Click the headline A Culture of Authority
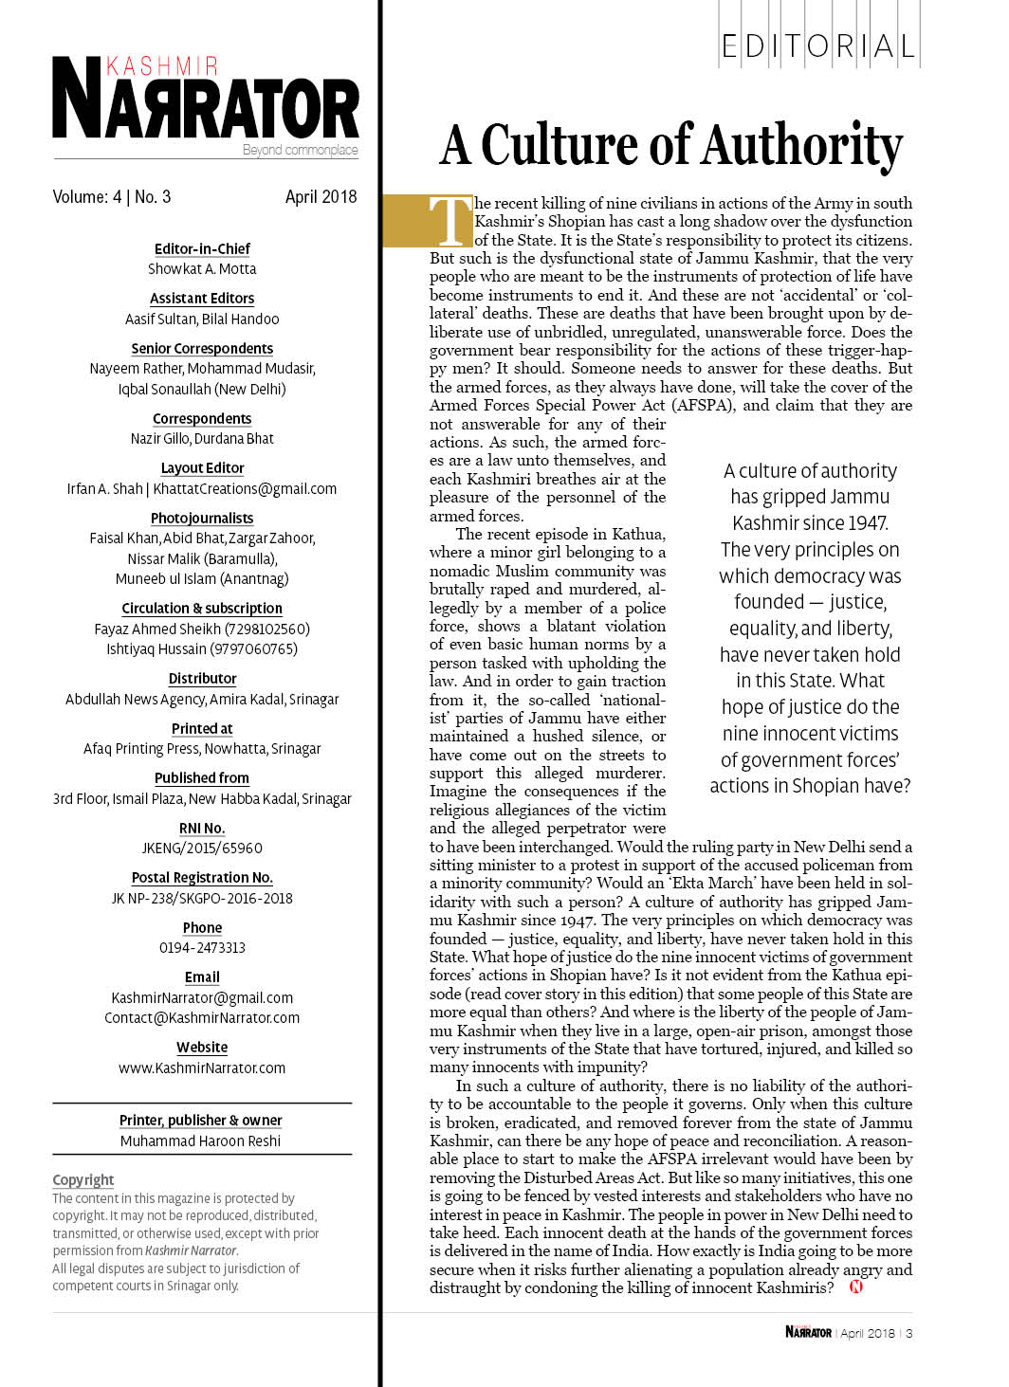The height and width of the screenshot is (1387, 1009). [x=671, y=145]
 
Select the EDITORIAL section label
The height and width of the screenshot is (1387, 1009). [x=818, y=46]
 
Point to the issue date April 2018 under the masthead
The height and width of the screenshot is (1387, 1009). [x=321, y=197]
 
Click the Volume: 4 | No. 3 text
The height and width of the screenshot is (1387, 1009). [x=112, y=197]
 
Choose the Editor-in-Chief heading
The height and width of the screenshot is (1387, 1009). [x=202, y=248]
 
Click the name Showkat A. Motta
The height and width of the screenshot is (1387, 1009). [x=202, y=269]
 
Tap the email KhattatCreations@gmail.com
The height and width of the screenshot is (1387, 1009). [x=245, y=489]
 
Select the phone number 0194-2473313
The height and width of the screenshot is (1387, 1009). [x=202, y=947]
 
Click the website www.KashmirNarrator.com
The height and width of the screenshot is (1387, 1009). [x=202, y=1068]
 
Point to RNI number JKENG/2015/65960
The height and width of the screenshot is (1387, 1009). [x=202, y=849]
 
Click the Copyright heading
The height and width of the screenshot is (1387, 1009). [x=83, y=1179]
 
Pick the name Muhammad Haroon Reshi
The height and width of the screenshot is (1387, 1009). [x=200, y=1141]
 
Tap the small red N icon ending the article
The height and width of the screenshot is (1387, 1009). [x=855, y=1287]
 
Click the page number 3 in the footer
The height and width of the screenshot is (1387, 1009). [x=908, y=1333]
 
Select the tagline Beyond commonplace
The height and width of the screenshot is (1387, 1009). [x=300, y=150]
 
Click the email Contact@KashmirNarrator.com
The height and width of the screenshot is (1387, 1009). [x=202, y=1018]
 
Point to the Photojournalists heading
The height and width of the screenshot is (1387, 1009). [x=202, y=518]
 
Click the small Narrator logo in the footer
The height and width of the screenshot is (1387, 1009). [x=808, y=1332]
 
